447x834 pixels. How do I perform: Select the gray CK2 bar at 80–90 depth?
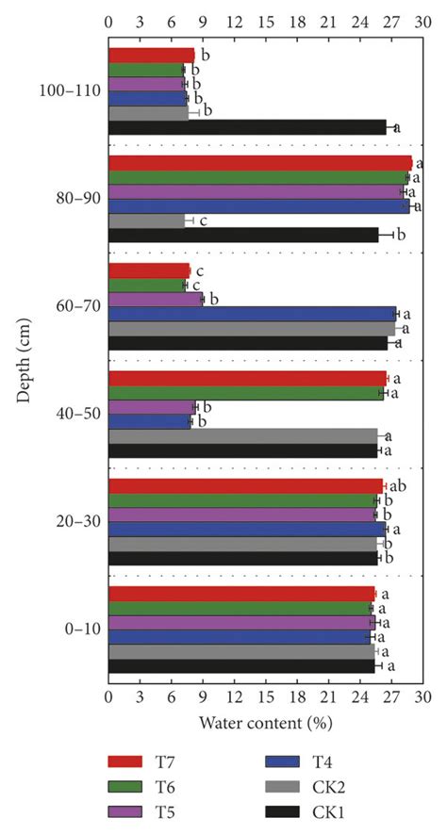[147, 221]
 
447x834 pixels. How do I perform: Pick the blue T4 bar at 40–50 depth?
[150, 422]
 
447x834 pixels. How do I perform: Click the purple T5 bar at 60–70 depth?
[156, 299]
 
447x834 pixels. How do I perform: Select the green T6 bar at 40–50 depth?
[245, 393]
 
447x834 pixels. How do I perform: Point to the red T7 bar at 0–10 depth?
[241, 595]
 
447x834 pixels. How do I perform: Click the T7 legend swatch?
[124, 761]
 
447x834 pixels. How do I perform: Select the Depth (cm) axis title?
[23, 361]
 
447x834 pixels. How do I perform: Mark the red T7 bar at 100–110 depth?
[151, 55]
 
